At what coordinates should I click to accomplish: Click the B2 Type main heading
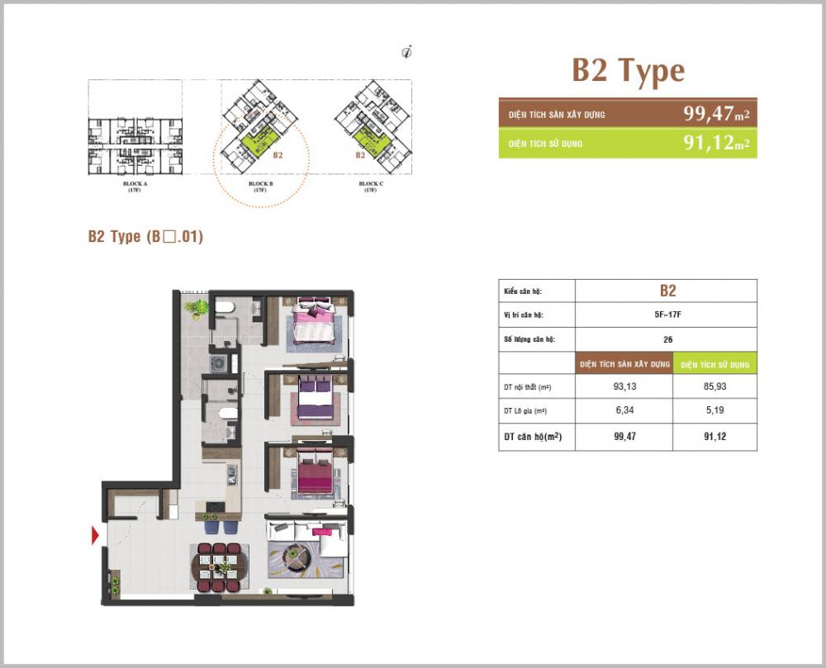[628, 72]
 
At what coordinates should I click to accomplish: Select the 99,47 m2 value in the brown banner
[715, 114]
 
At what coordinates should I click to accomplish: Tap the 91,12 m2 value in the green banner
[715, 143]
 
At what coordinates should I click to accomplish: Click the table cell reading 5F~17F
[667, 315]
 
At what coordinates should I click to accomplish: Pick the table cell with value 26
[667, 339]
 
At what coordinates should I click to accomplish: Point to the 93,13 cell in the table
[624, 386]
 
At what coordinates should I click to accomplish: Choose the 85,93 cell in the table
[714, 386]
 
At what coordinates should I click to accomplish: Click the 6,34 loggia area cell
[624, 410]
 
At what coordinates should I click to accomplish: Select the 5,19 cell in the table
[714, 410]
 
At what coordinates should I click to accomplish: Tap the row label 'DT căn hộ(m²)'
[532, 437]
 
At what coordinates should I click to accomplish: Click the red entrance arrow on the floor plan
[95, 536]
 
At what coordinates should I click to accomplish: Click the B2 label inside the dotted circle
[278, 154]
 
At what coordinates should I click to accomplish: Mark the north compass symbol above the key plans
[406, 52]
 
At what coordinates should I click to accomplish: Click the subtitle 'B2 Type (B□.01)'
[145, 237]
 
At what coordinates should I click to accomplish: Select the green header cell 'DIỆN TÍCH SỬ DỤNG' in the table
[714, 363]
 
